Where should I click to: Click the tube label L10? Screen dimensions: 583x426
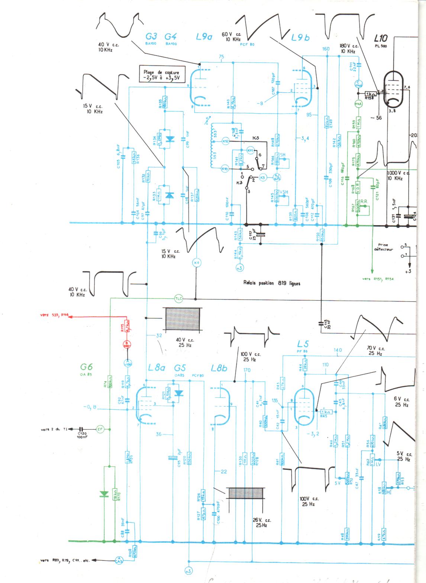click(381, 38)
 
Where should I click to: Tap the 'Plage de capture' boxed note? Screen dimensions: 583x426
click(161, 75)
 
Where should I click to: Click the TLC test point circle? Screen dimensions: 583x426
click(179, 298)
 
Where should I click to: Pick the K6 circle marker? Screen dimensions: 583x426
click(196, 263)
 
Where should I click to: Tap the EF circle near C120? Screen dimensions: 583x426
click(100, 429)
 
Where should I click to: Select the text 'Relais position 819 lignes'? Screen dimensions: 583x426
click(272, 283)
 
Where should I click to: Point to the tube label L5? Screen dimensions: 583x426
click(303, 344)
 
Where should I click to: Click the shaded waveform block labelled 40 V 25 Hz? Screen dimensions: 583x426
click(183, 319)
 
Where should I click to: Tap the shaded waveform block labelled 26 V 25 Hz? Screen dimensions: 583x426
click(246, 493)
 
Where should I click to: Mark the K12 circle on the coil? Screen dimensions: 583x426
click(226, 141)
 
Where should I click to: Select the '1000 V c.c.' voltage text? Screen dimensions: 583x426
click(398, 173)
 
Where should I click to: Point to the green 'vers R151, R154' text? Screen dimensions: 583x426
click(378, 278)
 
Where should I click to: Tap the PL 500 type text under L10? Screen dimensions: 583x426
click(381, 46)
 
